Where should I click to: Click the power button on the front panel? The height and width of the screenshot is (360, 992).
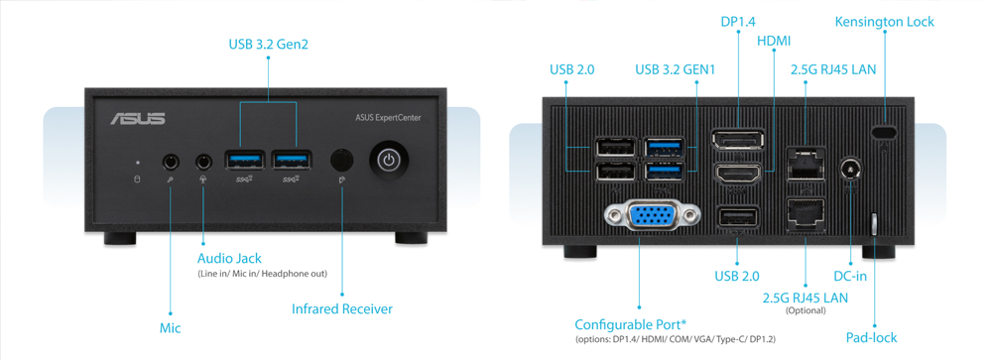coord(388,161)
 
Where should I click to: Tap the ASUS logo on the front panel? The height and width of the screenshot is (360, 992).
coord(138,119)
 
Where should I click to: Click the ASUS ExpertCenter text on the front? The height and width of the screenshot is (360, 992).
coord(388,118)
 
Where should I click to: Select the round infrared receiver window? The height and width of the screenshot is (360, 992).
coord(341,160)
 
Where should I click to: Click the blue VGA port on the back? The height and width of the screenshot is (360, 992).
coord(650,218)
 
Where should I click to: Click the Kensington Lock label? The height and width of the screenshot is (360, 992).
coord(884,22)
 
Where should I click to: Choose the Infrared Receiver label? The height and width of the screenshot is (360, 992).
coord(342,309)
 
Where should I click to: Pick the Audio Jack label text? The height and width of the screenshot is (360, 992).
coord(229,259)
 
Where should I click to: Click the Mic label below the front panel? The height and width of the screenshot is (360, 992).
coord(170,327)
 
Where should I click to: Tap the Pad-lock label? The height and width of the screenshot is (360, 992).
coord(871,337)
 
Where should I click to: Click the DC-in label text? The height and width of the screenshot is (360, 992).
coord(850,277)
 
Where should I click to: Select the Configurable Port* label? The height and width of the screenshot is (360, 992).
coord(631,324)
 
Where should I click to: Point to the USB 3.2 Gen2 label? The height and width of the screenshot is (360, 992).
coord(268,44)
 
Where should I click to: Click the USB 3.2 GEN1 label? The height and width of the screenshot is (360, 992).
coord(676,69)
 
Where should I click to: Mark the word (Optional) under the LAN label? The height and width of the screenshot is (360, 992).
coord(805,310)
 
